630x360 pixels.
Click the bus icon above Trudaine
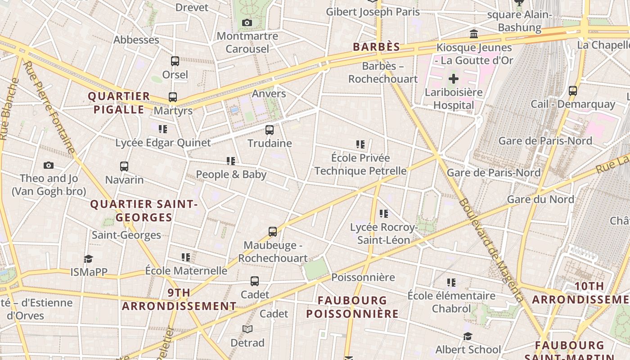tap(270, 130)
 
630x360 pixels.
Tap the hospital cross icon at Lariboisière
tap(454, 79)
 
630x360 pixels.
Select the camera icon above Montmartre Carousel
tap(247, 23)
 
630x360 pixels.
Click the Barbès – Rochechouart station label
tap(383, 72)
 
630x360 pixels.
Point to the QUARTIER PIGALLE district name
tap(119, 103)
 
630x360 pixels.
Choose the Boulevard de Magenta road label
tap(492, 250)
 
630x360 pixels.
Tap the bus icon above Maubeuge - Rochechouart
tap(273, 232)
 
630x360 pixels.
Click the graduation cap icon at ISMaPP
tap(88, 259)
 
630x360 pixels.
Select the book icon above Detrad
tap(247, 329)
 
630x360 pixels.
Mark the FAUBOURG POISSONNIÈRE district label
tap(352, 307)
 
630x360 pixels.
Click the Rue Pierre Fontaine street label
tap(49, 108)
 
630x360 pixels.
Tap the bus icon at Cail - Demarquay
tap(573, 91)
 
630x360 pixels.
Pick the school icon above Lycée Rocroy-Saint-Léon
tap(384, 213)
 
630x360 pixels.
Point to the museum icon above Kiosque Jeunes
tap(474, 34)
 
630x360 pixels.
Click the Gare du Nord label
tap(540, 199)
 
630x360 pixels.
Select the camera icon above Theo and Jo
tap(49, 165)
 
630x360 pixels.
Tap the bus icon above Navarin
tap(124, 166)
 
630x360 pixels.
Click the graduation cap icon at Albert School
tap(468, 336)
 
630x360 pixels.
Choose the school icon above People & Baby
tap(231, 161)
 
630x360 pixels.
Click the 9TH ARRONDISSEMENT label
tap(179, 299)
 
